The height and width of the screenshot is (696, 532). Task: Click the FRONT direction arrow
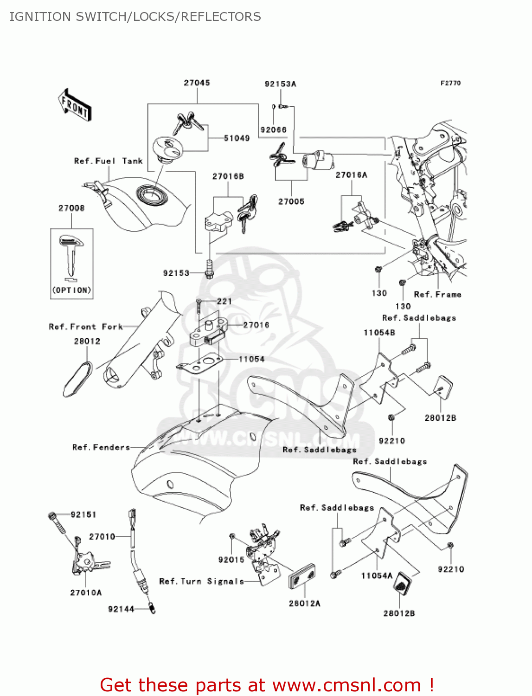(74, 105)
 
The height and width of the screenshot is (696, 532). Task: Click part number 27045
(197, 83)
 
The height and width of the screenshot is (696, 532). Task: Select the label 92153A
(280, 84)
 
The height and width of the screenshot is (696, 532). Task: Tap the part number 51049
(237, 138)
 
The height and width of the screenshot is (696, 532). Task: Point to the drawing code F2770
(450, 83)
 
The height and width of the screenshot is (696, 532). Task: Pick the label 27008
(71, 208)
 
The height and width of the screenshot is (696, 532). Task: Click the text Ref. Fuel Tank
(108, 161)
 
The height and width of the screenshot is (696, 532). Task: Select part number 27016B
(228, 176)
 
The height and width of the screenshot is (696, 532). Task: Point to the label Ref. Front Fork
(86, 327)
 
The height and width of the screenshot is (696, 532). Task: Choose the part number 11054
(251, 359)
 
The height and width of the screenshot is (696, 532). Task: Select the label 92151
(83, 514)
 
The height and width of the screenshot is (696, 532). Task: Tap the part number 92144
(121, 609)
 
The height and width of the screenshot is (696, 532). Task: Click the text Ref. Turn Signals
(201, 581)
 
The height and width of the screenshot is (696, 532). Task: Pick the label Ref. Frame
(437, 295)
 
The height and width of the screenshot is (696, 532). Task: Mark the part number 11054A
(377, 576)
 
